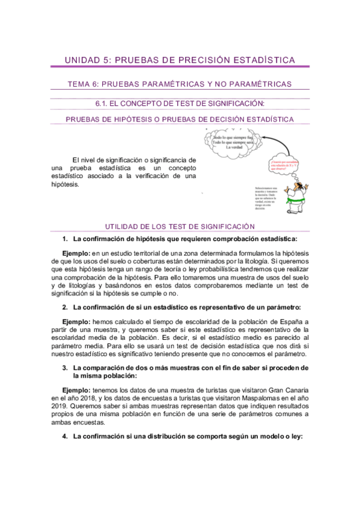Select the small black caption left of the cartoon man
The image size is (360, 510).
tap(265, 197)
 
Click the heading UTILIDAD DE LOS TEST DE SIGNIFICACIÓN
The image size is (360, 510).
tap(180, 227)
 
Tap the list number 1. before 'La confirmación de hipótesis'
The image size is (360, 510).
tap(65, 239)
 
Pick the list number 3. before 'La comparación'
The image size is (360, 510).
tap(65, 368)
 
